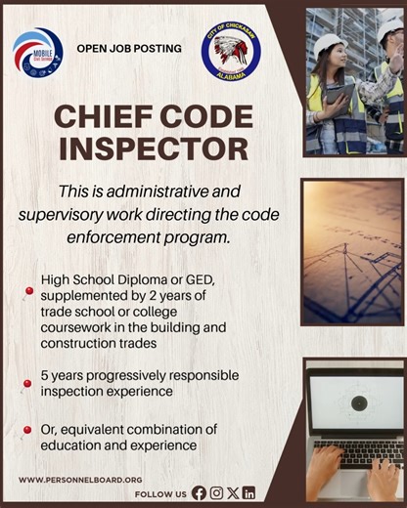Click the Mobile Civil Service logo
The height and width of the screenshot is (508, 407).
37,51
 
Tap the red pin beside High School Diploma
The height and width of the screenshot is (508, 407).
29,291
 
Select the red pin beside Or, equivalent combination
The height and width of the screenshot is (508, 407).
28,430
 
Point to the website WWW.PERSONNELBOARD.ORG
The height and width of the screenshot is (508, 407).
80,480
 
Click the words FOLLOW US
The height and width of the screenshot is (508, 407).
160,494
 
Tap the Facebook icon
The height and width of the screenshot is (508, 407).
200,493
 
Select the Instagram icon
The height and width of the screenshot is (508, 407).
216,493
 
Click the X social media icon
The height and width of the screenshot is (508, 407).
232,493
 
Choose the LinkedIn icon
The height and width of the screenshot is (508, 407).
249,493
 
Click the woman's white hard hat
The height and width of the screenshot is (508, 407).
330,43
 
